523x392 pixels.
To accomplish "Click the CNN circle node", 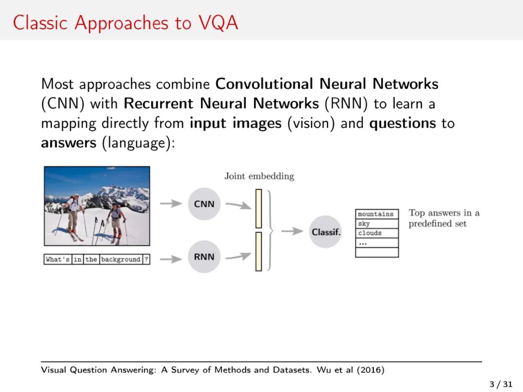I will pos(204,204).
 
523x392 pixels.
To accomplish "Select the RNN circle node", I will pos(204,256).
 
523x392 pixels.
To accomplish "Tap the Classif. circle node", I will pos(326,232).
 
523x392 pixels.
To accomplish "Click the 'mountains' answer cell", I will pos(376,214).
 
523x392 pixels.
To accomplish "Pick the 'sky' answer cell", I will pos(376,224).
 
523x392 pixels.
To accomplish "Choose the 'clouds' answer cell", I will pos(376,233).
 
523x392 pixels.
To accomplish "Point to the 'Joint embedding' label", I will pos(259,176).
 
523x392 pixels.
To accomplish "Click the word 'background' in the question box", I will pos(121,259).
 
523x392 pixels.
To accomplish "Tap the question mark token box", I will pos(146,259).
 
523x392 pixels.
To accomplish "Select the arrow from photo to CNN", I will pos(171,204).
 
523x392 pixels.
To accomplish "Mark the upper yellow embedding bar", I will pos(259,208).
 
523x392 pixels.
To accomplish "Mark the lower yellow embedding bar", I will pos(259,251).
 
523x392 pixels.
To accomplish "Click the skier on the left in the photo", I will pos(73,215).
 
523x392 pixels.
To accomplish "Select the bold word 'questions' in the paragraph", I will pos(402,123).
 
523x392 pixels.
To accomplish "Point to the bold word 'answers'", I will pos(68,143).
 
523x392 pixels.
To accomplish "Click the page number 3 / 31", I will pos(500,384).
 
